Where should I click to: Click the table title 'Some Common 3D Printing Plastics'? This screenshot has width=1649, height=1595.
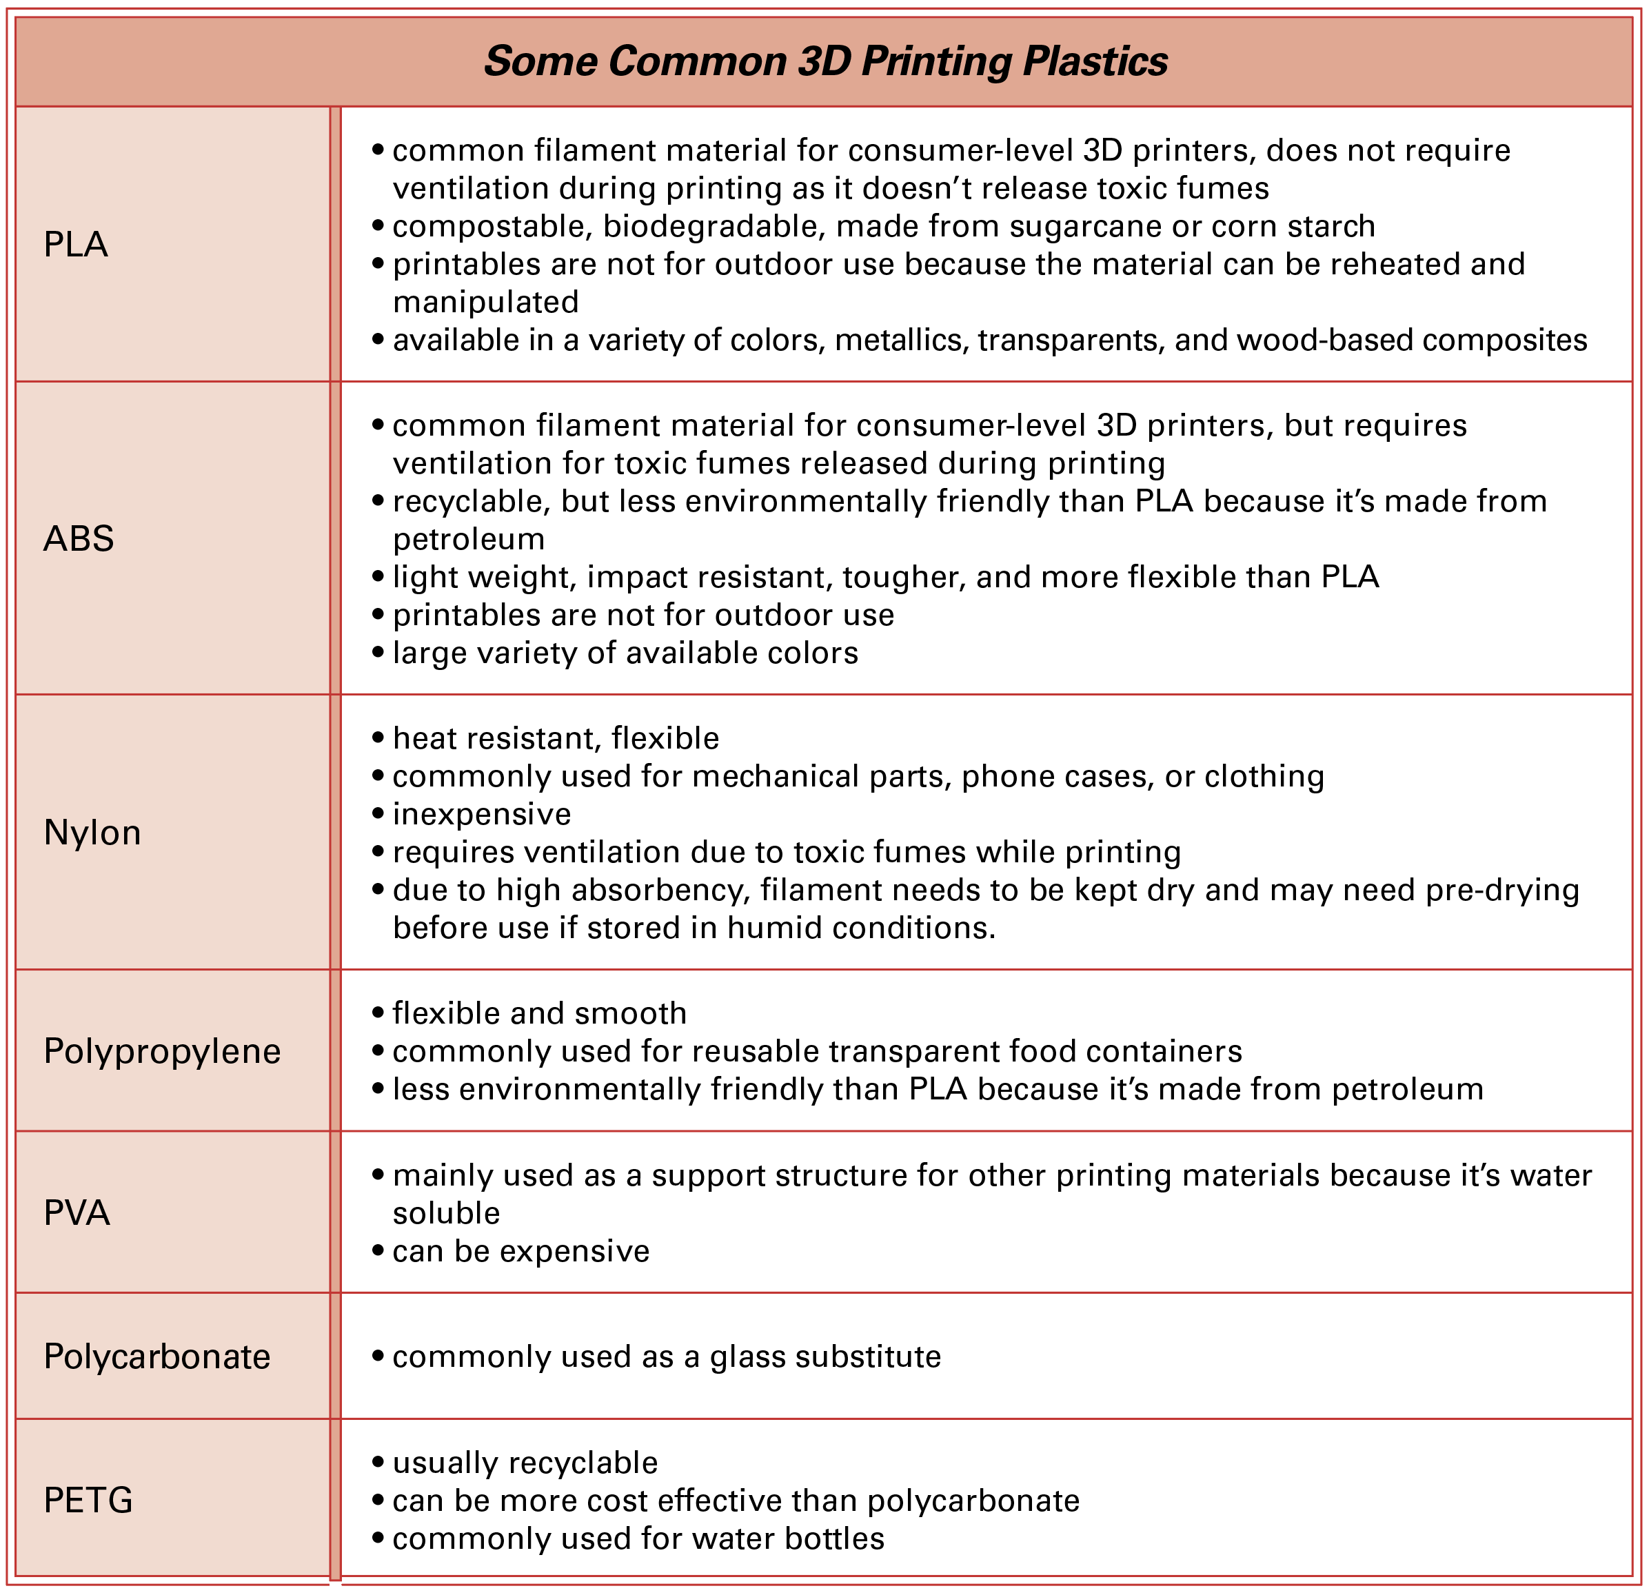[x=825, y=61]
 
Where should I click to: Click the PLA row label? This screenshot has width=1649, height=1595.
[x=76, y=245]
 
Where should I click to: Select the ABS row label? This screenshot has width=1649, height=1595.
[x=78, y=539]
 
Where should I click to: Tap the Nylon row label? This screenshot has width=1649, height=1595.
[x=92, y=833]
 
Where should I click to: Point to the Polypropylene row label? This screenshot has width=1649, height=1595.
[x=161, y=1052]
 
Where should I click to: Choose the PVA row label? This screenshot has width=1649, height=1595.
[x=77, y=1213]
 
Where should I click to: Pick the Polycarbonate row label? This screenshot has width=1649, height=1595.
[x=156, y=1357]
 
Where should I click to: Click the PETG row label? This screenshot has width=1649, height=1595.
[x=88, y=1501]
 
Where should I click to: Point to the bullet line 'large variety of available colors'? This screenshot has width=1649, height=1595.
[x=625, y=653]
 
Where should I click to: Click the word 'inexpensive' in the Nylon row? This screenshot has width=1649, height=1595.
[x=481, y=814]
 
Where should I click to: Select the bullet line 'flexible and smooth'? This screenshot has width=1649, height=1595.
[x=539, y=1014]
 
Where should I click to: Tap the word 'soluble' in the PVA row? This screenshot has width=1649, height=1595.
[x=446, y=1214]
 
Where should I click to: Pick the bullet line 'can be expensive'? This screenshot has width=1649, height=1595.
[x=520, y=1252]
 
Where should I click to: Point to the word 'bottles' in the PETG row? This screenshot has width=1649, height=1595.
[x=833, y=1538]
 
